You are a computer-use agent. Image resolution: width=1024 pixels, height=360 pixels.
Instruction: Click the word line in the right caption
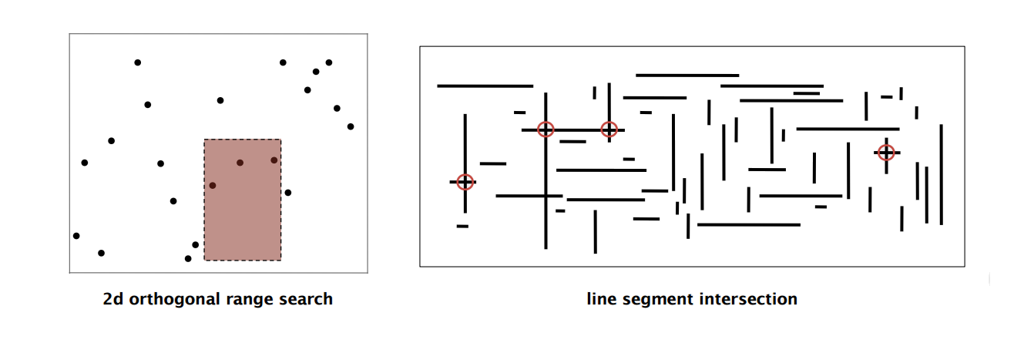pyautogui.click(x=602, y=299)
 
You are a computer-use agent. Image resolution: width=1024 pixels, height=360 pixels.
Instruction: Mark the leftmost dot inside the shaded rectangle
pyautogui.click(x=213, y=185)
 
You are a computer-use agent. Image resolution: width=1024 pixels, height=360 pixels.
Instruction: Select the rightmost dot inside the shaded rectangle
pyautogui.click(x=274, y=160)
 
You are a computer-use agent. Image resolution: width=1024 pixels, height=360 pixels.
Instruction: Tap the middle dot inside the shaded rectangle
pyautogui.click(x=240, y=163)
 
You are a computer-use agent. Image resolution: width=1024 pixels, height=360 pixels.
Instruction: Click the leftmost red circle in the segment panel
pyautogui.click(x=465, y=182)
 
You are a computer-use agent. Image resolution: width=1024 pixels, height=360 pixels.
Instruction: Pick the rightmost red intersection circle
pyautogui.click(x=886, y=153)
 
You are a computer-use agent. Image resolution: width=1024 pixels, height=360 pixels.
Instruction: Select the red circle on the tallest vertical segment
pyautogui.click(x=546, y=130)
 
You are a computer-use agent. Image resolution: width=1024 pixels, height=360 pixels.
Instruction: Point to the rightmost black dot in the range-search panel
pyautogui.click(x=351, y=126)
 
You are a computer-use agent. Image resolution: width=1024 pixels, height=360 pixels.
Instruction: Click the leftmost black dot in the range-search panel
pyautogui.click(x=76, y=236)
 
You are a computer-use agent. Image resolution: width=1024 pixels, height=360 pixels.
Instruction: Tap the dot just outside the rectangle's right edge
pyautogui.click(x=287, y=193)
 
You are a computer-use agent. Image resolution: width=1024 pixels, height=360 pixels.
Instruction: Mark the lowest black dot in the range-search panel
pyautogui.click(x=188, y=259)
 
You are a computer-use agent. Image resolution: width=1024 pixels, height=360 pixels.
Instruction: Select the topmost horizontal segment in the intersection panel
pyautogui.click(x=687, y=76)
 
